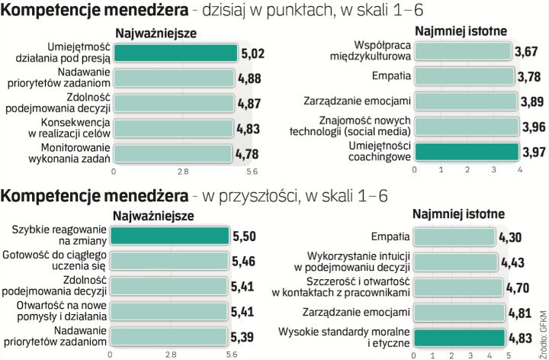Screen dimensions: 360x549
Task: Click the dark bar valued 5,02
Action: coord(175,53)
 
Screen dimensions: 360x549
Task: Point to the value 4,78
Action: coord(250,153)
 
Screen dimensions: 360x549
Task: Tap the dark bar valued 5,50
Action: coord(169,236)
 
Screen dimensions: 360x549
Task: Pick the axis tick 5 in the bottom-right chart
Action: coord(507,354)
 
